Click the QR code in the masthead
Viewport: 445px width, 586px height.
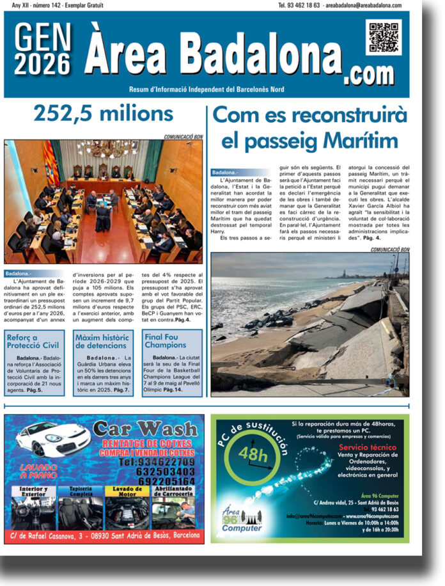pos(384,38)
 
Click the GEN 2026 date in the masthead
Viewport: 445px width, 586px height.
pos(43,50)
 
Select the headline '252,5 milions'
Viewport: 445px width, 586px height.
pos(104,114)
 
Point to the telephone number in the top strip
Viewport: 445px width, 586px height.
pos(299,5)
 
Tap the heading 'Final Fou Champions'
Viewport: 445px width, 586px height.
pos(165,340)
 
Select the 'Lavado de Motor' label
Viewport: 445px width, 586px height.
pos(123,490)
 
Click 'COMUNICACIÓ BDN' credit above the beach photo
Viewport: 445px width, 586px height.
pos(389,249)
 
